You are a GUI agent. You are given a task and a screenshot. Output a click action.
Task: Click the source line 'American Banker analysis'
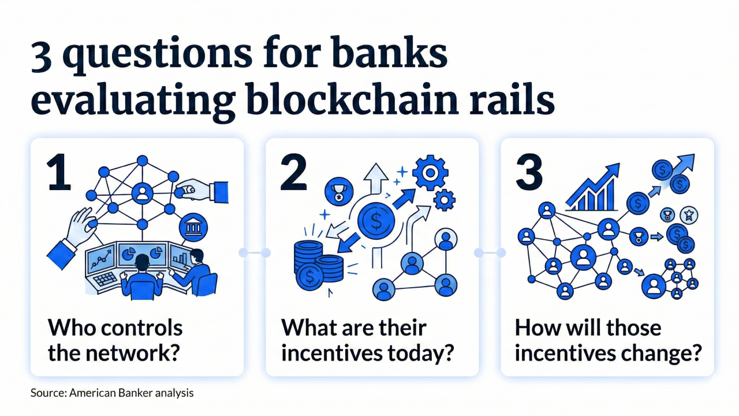pos(131,393)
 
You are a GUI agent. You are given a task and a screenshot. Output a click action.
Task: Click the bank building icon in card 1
pos(190,228)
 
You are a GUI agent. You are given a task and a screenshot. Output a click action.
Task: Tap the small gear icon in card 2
pos(444,200)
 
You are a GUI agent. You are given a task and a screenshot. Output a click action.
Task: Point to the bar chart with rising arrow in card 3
pos(592,187)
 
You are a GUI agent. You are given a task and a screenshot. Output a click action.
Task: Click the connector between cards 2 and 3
pos(490,252)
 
